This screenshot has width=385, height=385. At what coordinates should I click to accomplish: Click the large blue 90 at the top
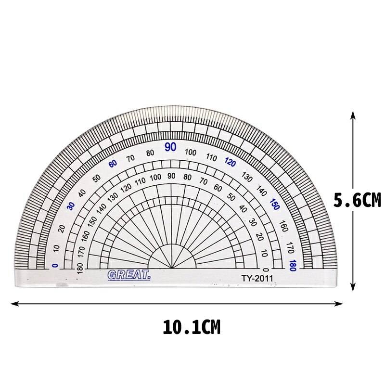point(170,147)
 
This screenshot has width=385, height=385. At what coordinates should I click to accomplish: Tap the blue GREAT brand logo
point(129,275)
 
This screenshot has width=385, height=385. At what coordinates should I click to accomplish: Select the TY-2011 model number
point(257,278)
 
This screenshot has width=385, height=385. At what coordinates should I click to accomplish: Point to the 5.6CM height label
point(357,200)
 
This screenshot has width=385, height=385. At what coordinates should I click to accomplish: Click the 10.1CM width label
point(192,327)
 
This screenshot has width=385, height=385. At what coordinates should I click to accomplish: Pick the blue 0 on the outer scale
point(55,266)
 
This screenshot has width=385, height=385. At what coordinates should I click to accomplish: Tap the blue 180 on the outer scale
point(293,266)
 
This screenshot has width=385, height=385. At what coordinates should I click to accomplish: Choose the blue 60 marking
point(113,164)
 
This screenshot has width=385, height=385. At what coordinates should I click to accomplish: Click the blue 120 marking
point(231,162)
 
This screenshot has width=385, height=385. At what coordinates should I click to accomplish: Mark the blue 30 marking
point(71,206)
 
